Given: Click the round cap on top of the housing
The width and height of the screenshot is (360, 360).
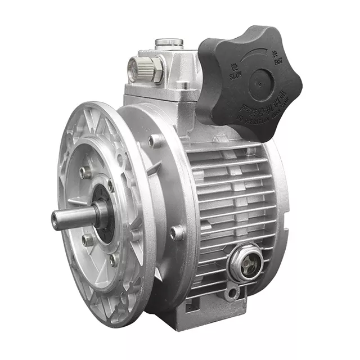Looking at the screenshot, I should tap(169, 42).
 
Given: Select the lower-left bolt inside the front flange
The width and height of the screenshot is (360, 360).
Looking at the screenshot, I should tap(88, 240).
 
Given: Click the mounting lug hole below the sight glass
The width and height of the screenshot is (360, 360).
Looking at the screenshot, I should tap(231, 293).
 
